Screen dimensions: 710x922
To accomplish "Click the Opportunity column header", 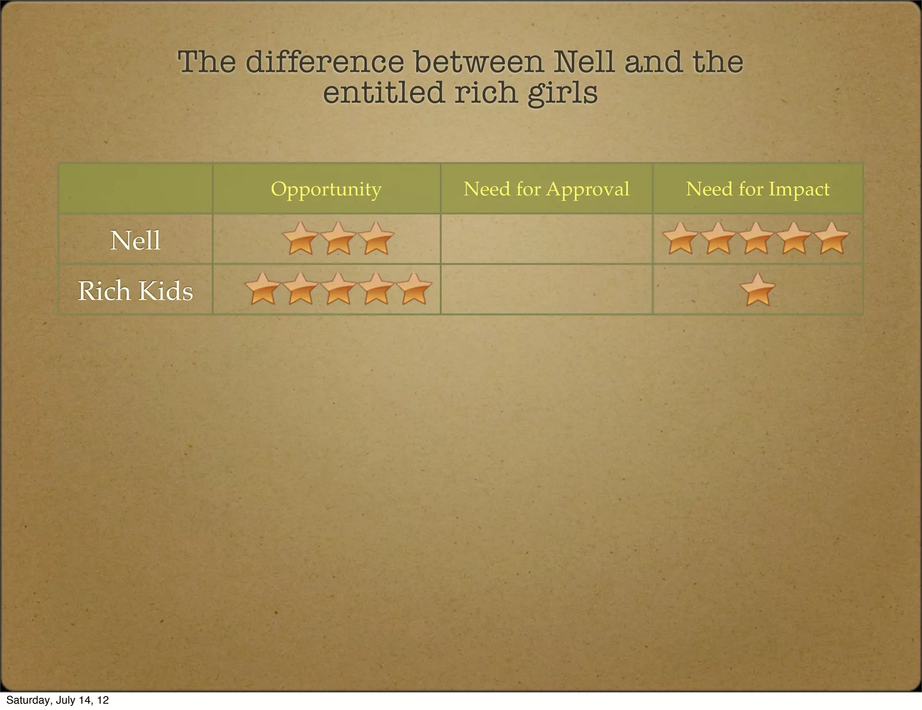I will point(326,189).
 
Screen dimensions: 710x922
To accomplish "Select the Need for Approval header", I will point(546,189).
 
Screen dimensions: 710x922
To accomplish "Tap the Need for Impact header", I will point(758,189).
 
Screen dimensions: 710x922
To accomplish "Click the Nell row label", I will point(136,240).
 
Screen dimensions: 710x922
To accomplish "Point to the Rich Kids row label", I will point(136,291).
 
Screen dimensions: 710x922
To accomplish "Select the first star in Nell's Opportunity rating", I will point(300,239).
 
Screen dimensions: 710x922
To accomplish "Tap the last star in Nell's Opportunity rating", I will point(376,239).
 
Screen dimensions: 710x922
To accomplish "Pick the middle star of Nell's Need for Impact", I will point(757,239).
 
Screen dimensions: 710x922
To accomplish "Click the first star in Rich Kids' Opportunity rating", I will point(262,290).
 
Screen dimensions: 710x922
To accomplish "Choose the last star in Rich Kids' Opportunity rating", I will point(414,290).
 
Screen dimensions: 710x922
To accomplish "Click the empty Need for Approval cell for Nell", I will point(546,239).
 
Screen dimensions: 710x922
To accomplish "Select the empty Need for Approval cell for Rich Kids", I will point(546,289).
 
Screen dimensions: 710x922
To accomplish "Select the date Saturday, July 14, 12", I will point(58,700).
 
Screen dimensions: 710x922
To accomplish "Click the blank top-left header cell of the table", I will point(136,188).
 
